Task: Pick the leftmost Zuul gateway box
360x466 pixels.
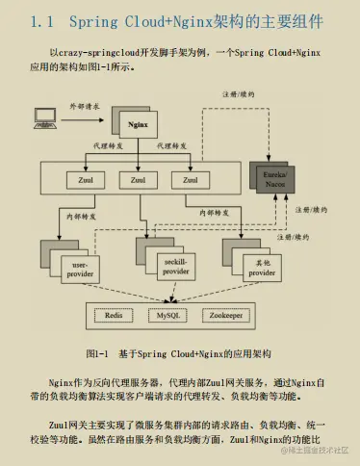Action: coord(83,179)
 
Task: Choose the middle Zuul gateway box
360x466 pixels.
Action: coord(137,179)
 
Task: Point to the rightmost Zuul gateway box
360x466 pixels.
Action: coord(190,179)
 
